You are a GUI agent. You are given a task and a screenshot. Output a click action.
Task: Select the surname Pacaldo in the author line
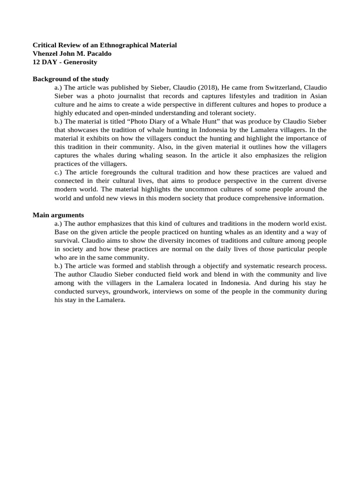(x=98, y=53)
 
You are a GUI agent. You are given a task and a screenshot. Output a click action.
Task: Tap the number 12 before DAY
(x=37, y=62)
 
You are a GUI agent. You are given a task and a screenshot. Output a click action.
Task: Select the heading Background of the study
(x=71, y=79)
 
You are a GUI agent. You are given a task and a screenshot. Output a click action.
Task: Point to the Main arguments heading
(x=58, y=215)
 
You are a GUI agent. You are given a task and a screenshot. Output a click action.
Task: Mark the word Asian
(x=317, y=96)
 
